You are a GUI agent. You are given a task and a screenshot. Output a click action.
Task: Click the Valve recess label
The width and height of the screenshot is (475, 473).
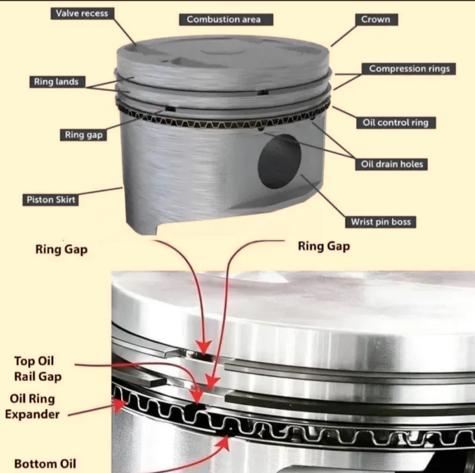[x=82, y=13]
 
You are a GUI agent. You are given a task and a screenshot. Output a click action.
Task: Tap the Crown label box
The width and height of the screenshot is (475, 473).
[x=376, y=19]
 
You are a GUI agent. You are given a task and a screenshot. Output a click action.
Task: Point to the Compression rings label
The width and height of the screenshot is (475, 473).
[x=409, y=69]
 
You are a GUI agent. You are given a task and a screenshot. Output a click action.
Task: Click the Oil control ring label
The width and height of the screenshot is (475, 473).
[x=396, y=122]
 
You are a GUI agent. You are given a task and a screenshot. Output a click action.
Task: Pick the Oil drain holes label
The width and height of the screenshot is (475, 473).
[x=391, y=164]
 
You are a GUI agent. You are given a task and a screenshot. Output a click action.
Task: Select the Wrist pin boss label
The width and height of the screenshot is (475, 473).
[x=381, y=222]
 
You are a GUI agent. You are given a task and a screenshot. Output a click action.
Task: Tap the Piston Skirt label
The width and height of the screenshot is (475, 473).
[x=51, y=200]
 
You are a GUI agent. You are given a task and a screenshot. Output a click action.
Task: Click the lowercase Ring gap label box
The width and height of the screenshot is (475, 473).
[x=83, y=135]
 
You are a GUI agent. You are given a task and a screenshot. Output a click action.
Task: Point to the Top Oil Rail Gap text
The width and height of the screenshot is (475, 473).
[x=37, y=369]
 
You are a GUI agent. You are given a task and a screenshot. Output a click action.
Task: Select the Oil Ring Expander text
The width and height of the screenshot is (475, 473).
[x=33, y=406]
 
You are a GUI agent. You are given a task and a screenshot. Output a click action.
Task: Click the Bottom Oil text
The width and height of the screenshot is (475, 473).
[x=45, y=464]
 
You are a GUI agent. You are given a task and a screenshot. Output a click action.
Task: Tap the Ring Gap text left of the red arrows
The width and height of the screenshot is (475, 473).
[x=62, y=249]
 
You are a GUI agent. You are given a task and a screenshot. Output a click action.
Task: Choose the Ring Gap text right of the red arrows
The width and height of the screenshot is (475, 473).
[x=324, y=246]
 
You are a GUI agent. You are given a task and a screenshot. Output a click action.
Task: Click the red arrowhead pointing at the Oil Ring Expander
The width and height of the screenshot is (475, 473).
[x=120, y=405]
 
